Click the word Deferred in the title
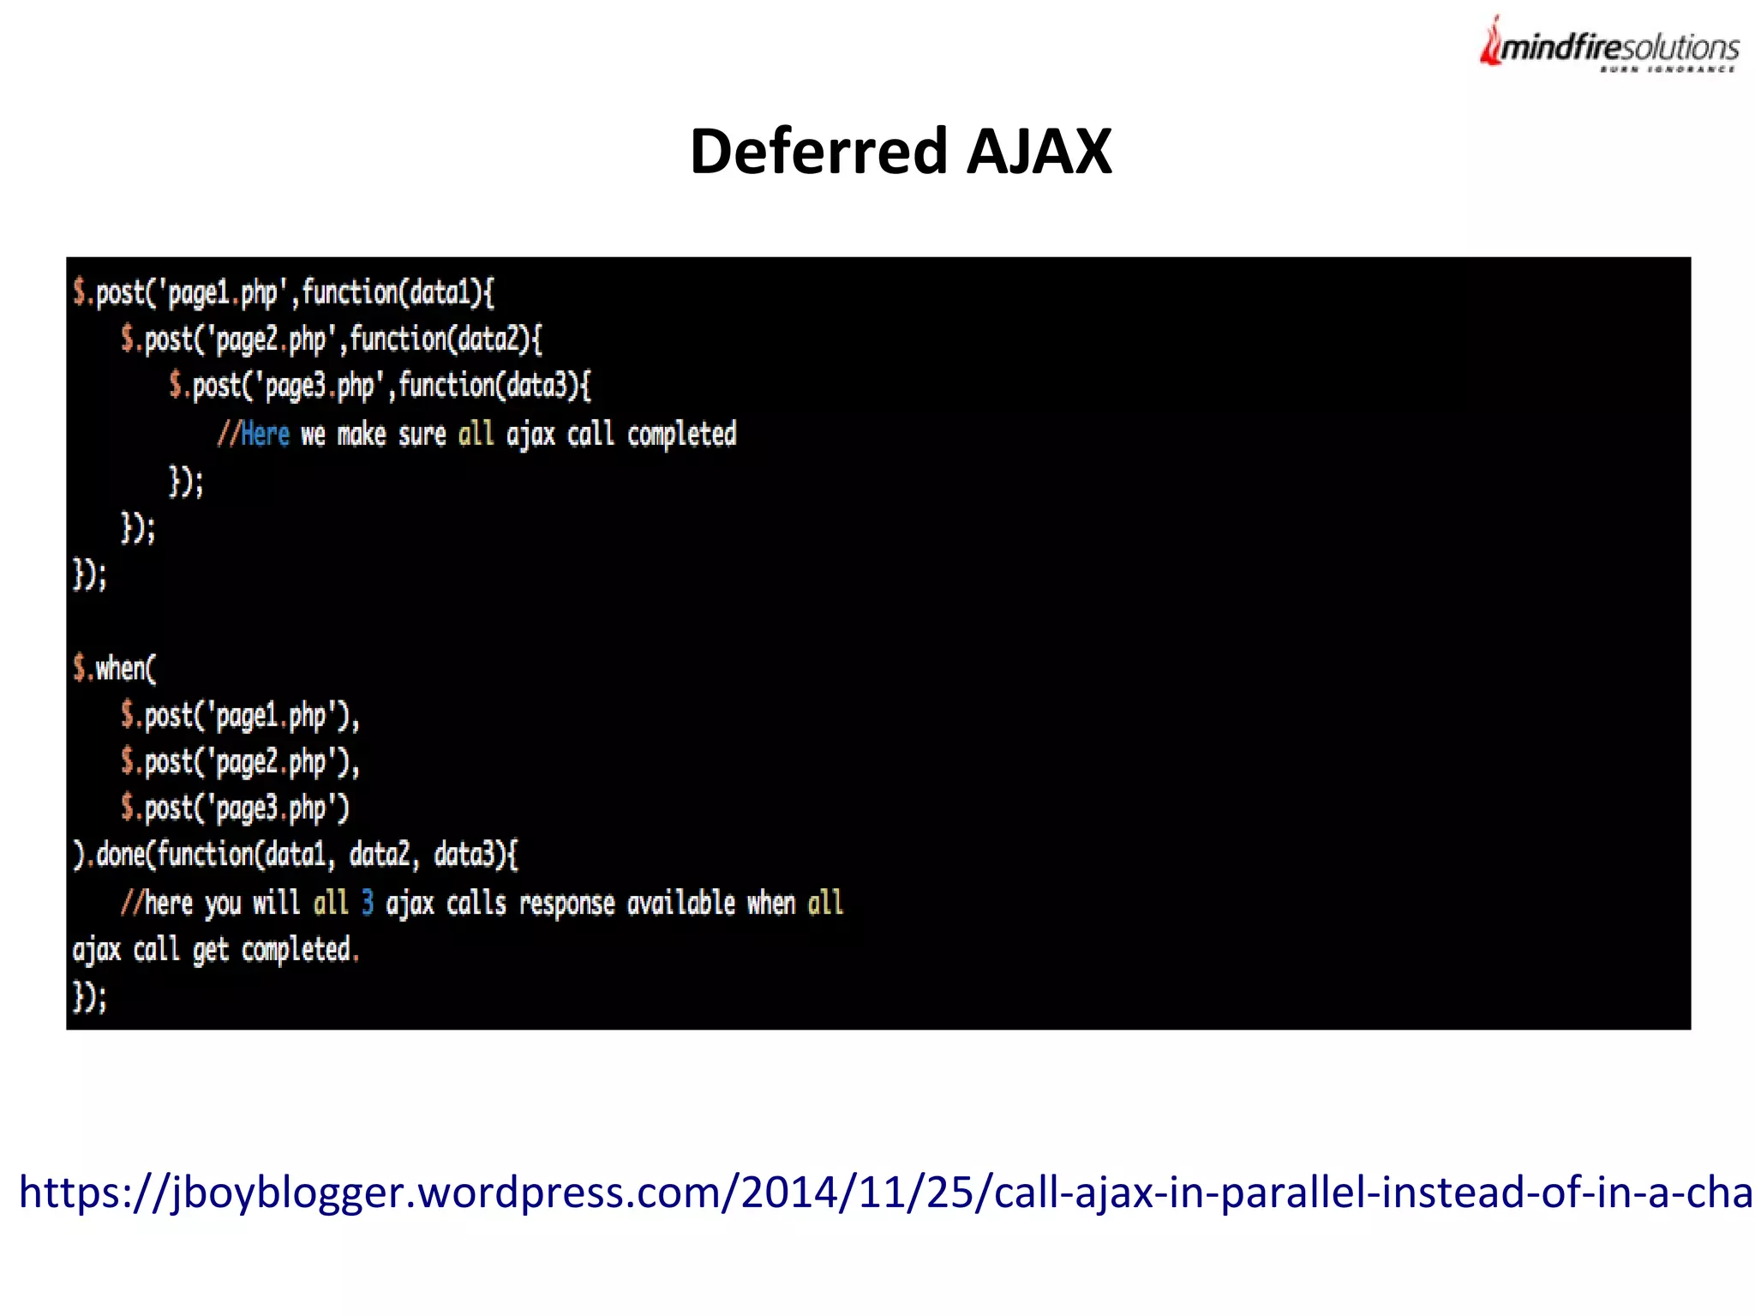click(x=819, y=152)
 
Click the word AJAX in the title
click(x=1039, y=152)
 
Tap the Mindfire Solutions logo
click(x=1609, y=46)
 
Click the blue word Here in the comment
click(x=265, y=435)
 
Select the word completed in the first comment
click(x=681, y=435)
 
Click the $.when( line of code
click(x=115, y=668)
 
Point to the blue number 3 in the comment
click(x=368, y=903)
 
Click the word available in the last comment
click(x=681, y=903)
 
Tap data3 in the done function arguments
click(x=464, y=855)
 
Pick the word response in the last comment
click(x=566, y=903)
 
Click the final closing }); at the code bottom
click(x=90, y=997)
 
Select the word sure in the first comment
click(x=422, y=435)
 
